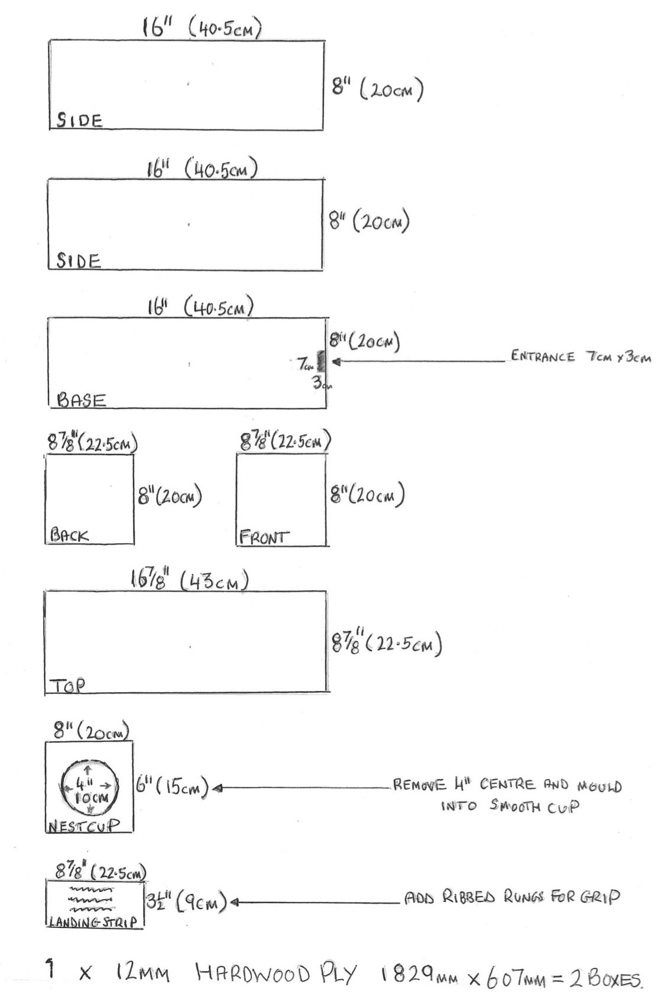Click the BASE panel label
tap(81, 400)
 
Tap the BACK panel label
tap(69, 535)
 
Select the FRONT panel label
tap(264, 537)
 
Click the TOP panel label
tap(67, 686)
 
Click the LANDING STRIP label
tap(93, 921)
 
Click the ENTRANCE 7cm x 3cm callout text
tap(581, 357)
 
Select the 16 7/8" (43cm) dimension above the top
tap(189, 580)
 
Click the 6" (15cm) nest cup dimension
tap(172, 787)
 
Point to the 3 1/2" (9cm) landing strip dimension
tap(186, 901)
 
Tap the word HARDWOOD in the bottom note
tap(252, 974)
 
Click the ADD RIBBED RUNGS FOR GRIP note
tap(512, 897)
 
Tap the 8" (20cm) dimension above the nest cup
tap(90, 731)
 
